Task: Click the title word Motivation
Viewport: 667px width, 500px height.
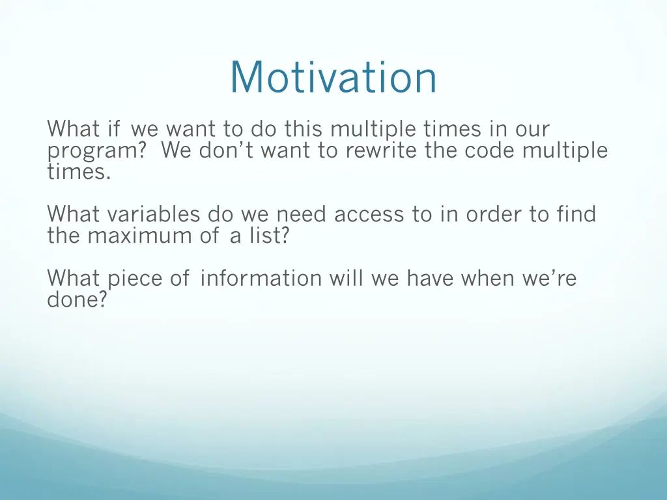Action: tap(333, 77)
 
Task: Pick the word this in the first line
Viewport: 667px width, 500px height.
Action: tap(304, 128)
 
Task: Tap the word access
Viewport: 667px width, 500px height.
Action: tap(369, 214)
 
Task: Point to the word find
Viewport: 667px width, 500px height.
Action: tap(576, 214)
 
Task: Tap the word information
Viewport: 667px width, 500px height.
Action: tap(261, 279)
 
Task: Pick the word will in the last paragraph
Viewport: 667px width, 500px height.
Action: tap(347, 279)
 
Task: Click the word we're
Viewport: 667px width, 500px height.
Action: tap(549, 279)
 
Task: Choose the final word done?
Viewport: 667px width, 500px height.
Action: tap(77, 299)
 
